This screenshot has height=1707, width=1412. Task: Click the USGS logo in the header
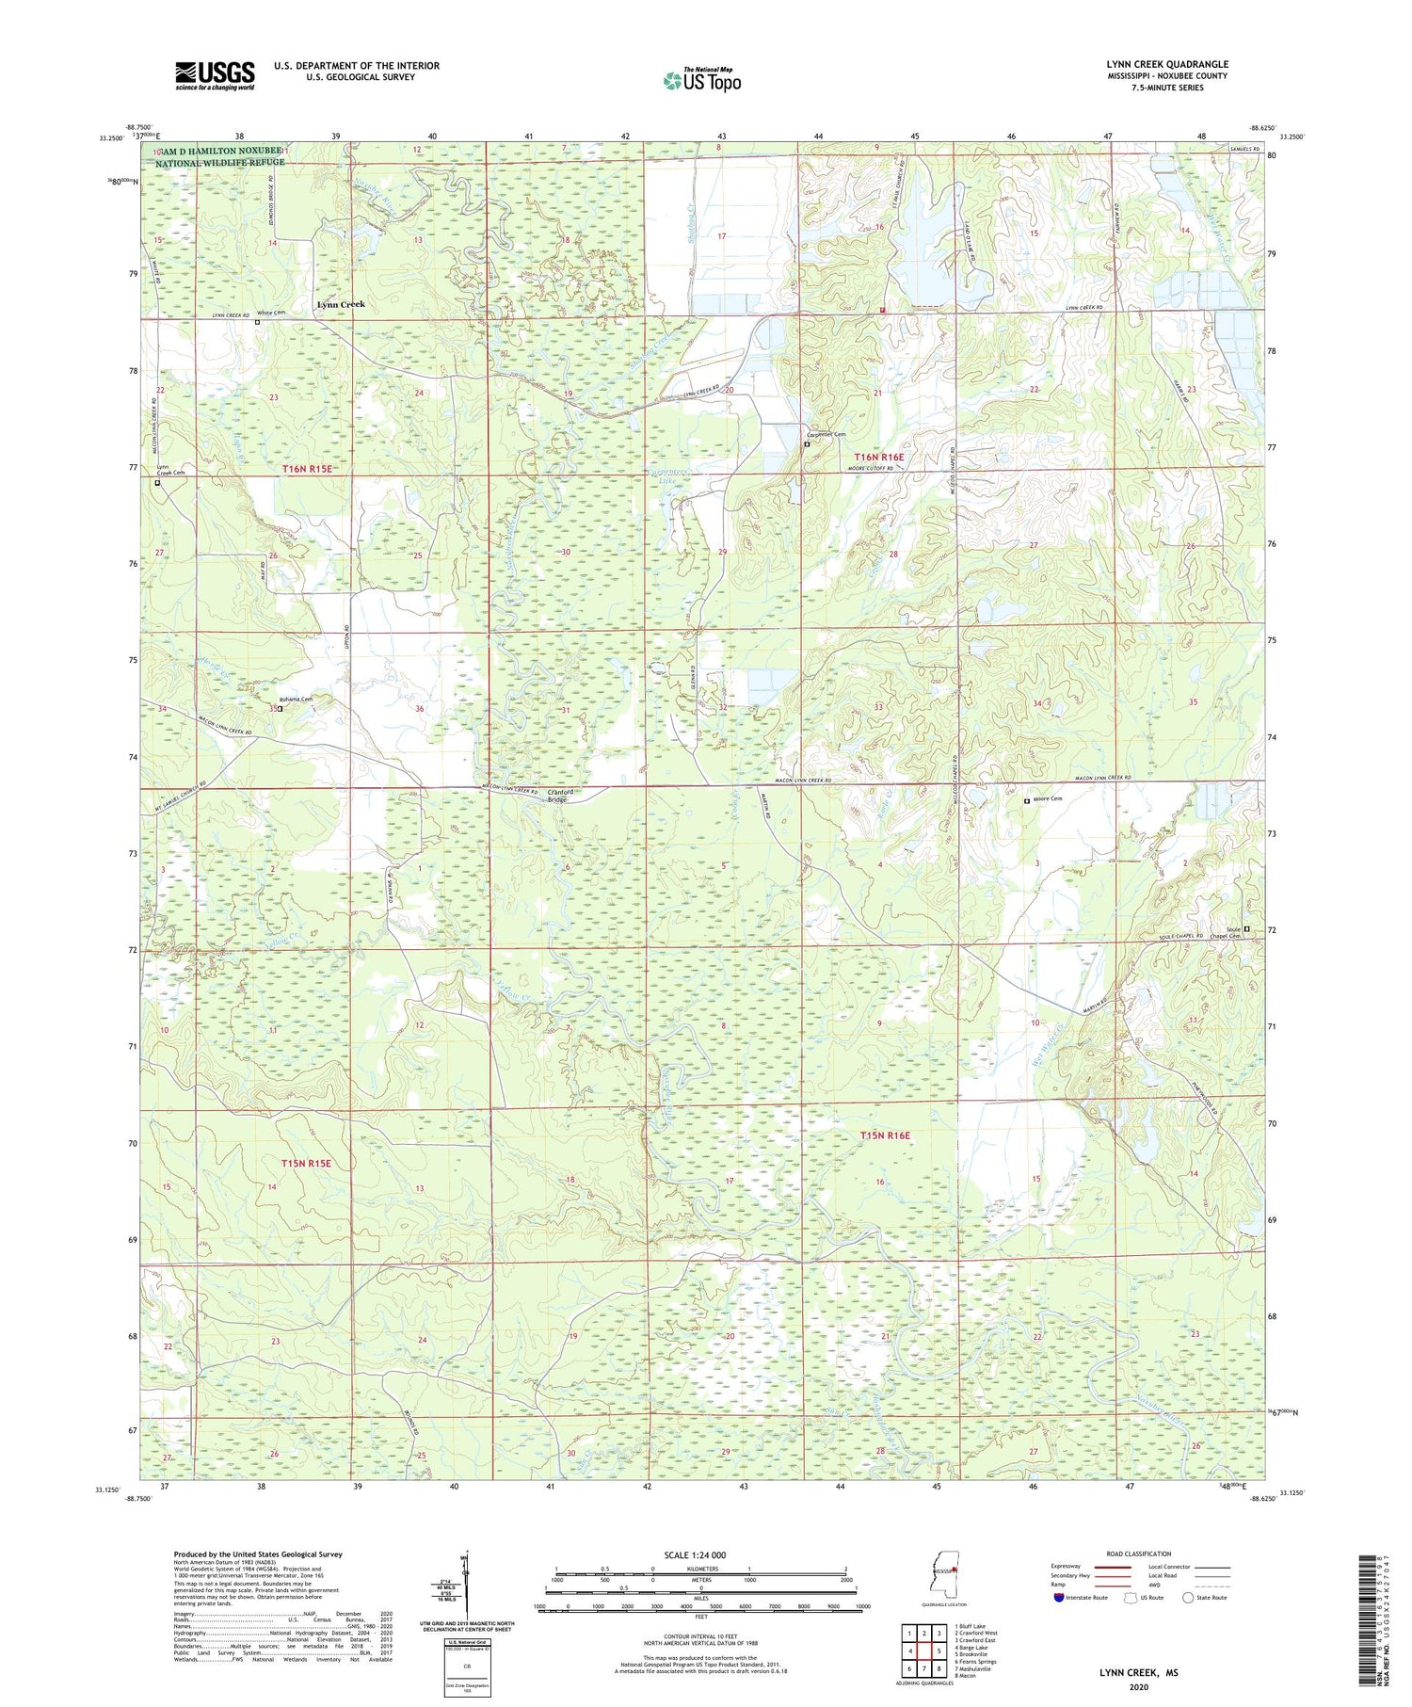pyautogui.click(x=215, y=75)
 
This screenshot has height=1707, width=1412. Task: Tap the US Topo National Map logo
pyautogui.click(x=701, y=80)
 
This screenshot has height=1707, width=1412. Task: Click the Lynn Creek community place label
pyautogui.click(x=340, y=305)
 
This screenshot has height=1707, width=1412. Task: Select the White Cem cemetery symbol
pyautogui.click(x=258, y=322)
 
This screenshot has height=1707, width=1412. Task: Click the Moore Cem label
pyautogui.click(x=1048, y=799)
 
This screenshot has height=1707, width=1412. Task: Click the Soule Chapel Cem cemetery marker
pyautogui.click(x=1247, y=929)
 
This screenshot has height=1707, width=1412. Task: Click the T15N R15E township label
pyautogui.click(x=306, y=1164)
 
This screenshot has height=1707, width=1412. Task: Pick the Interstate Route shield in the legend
pyautogui.click(x=1059, y=1598)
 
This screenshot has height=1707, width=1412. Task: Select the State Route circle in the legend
pyautogui.click(x=1188, y=1598)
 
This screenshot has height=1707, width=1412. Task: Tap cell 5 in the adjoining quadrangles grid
pyautogui.click(x=939, y=1651)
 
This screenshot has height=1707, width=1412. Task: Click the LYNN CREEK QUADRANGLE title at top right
pyautogui.click(x=1167, y=64)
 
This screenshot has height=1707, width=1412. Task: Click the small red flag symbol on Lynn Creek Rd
pyautogui.click(x=882, y=310)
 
